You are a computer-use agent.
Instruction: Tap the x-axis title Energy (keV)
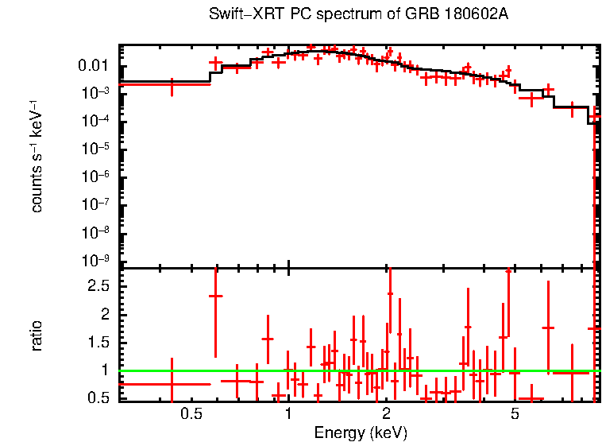coord(361,432)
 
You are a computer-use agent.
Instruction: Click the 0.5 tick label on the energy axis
coord(190,414)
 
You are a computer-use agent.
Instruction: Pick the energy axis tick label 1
coord(288,414)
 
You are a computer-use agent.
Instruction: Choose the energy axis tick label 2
coord(386,414)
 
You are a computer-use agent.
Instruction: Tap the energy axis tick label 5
coord(515,414)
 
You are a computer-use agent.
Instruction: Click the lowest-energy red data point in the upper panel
coord(172,83)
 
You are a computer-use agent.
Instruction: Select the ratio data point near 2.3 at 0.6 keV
coord(215,296)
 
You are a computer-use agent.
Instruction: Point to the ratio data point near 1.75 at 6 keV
coord(547,328)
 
